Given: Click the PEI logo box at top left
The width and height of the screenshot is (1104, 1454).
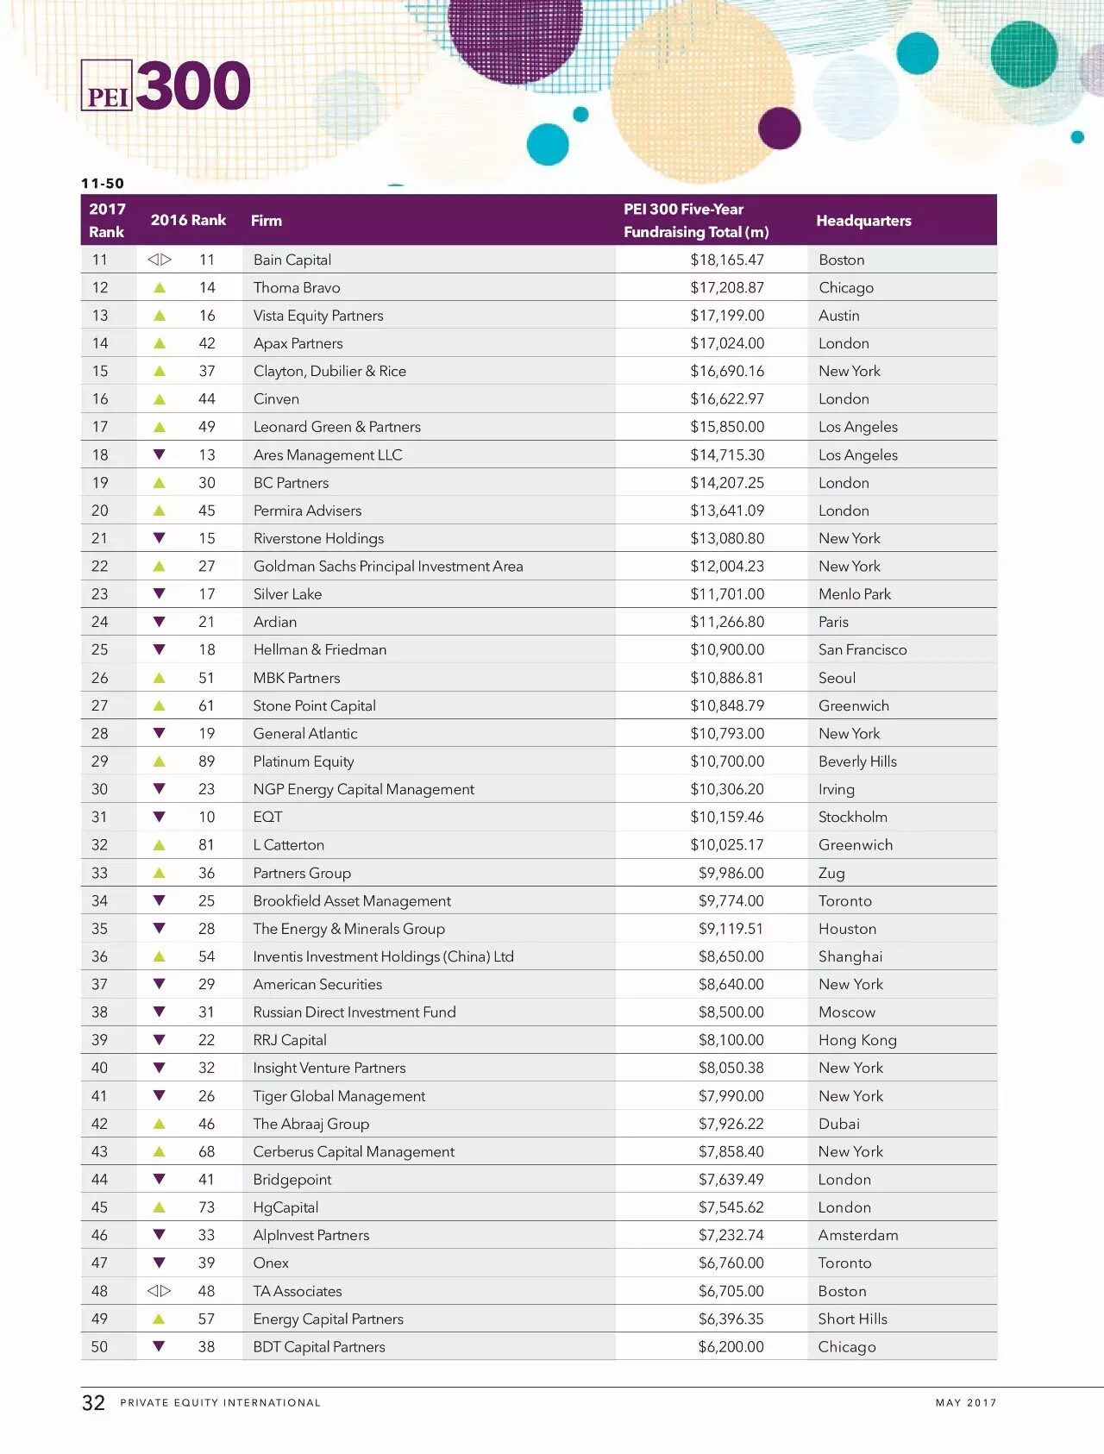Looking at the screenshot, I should pyautogui.click(x=107, y=85).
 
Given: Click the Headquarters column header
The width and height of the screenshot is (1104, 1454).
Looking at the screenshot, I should pyautogui.click(x=863, y=221).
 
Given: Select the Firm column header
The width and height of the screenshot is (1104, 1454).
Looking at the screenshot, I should pyautogui.click(x=267, y=221).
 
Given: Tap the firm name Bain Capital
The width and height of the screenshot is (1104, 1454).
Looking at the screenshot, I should pyautogui.click(x=292, y=260).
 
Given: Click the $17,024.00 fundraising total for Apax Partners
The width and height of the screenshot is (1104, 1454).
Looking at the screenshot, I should pyautogui.click(x=727, y=343).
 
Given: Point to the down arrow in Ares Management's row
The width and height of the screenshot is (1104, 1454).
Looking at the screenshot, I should pyautogui.click(x=159, y=454).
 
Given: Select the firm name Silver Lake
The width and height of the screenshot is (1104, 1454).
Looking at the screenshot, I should pyautogui.click(x=287, y=594).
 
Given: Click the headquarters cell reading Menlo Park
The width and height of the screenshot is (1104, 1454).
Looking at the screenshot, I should pyautogui.click(x=855, y=594).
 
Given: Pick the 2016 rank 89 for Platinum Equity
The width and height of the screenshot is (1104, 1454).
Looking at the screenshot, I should pyautogui.click(x=206, y=761).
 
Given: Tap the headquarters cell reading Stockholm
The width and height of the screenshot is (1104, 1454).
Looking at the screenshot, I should pyautogui.click(x=852, y=817).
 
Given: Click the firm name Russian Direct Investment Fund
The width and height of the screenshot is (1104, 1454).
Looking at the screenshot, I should pyautogui.click(x=354, y=1012).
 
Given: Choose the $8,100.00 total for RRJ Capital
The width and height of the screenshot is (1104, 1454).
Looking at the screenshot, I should pyautogui.click(x=731, y=1040).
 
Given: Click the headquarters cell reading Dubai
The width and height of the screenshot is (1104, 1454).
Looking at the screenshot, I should pyautogui.click(x=838, y=1124).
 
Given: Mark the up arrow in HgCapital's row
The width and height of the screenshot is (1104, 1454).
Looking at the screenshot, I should pyautogui.click(x=159, y=1207).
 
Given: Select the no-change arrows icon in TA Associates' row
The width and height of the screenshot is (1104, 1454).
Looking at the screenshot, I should pyautogui.click(x=159, y=1291).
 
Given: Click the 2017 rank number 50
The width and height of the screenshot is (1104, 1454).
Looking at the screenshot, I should pyautogui.click(x=100, y=1347).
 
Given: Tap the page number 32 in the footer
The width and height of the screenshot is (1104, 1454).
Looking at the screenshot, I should pyautogui.click(x=93, y=1403).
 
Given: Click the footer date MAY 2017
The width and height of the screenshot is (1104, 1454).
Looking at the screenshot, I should pyautogui.click(x=966, y=1403).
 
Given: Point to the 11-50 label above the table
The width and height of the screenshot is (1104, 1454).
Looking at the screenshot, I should pyautogui.click(x=103, y=184).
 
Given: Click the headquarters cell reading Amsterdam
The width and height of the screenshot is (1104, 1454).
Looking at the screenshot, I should pyautogui.click(x=858, y=1235).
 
